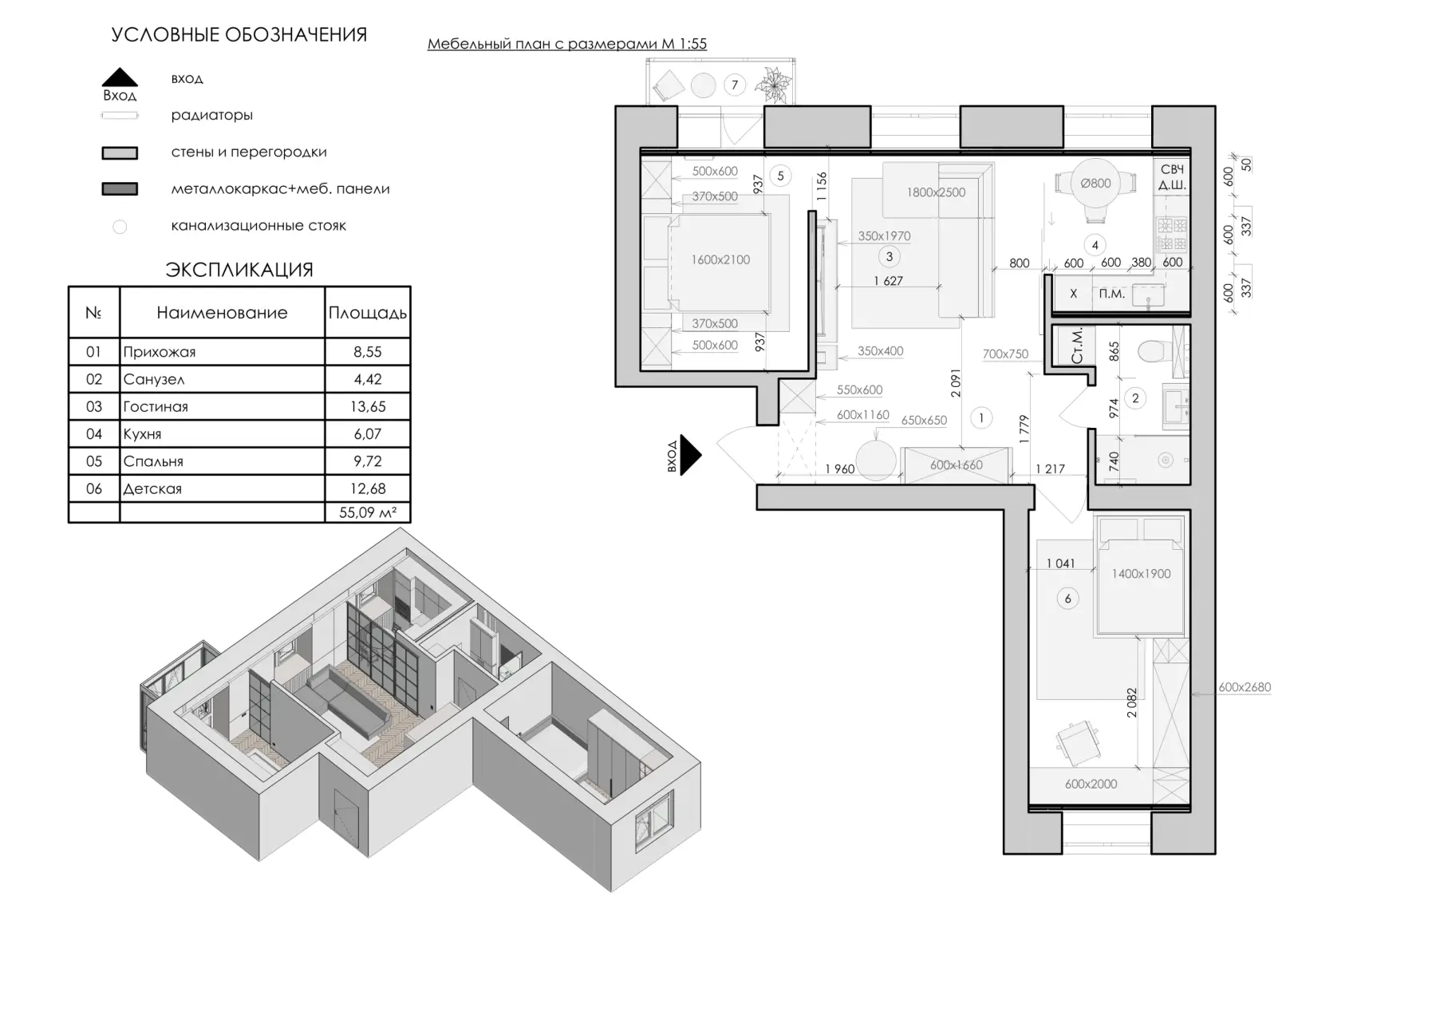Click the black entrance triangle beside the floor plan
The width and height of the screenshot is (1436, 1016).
point(689,456)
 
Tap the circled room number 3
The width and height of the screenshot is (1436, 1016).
point(889,256)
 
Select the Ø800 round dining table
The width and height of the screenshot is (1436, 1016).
point(1095,183)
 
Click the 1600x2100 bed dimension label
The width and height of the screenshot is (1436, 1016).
point(720,259)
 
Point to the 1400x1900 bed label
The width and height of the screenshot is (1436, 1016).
point(1141,574)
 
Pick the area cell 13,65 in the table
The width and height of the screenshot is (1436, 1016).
point(368,406)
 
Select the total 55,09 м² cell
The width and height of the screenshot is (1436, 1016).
point(368,512)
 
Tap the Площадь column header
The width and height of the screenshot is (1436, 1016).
point(368,313)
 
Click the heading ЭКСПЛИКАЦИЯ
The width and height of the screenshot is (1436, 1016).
point(239,270)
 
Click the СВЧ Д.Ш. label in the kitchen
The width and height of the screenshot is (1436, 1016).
point(1172,177)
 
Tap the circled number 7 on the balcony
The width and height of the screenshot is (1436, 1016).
point(734,85)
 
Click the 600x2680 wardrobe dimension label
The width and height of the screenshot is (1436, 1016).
point(1245,687)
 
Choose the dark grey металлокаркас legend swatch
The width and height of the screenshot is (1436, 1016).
point(120,189)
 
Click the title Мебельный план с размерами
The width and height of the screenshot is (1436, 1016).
point(542,44)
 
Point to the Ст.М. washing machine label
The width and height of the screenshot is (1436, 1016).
point(1077,346)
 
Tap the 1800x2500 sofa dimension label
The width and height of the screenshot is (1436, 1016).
point(936,192)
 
